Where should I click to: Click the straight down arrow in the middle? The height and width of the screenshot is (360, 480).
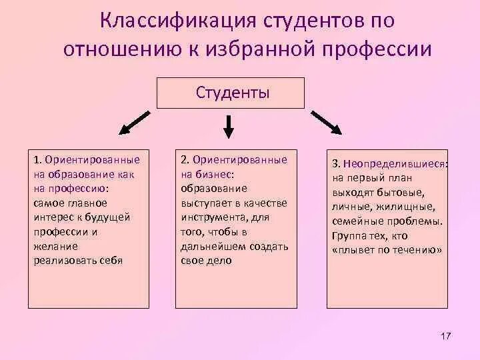coord(229,127)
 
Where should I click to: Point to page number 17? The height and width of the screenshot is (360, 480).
coord(446,334)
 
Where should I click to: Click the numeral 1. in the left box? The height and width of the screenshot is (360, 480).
coord(38,161)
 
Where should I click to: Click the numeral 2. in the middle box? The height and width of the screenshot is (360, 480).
coord(185,160)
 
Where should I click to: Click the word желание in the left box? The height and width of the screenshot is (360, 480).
coord(51,246)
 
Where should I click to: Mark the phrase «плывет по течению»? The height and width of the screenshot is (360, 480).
coord(387,251)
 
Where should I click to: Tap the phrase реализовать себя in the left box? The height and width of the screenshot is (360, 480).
coord(78,260)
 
